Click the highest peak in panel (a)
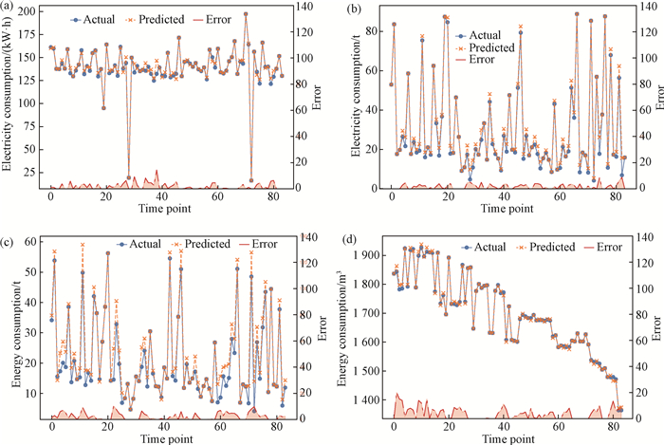pyautogui.click(x=246, y=14)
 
